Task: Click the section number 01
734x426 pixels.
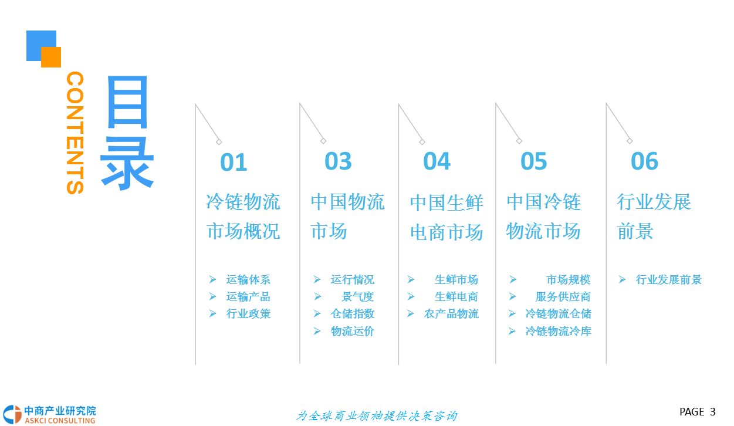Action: [234, 163]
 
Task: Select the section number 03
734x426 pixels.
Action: [338, 161]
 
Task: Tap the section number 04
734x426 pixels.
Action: [437, 161]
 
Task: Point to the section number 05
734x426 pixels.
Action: [533, 161]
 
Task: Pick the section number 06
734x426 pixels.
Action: [644, 161]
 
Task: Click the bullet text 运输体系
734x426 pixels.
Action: [248, 280]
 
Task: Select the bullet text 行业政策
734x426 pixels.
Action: [248, 314]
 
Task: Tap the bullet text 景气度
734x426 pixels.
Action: [357, 297]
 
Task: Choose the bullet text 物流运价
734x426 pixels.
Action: [352, 332]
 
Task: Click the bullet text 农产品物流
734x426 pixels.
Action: [451, 314]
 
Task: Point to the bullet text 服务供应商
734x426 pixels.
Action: [563, 297]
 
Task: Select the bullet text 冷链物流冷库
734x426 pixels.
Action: [558, 332]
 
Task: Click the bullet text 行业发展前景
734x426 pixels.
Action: [668, 280]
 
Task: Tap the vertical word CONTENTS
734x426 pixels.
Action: [75, 133]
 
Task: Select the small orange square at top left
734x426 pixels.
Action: [51, 57]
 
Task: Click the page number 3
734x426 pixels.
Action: [713, 412]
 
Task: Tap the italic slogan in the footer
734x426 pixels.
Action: [376, 416]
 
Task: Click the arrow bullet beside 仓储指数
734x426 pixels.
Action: [317, 314]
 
